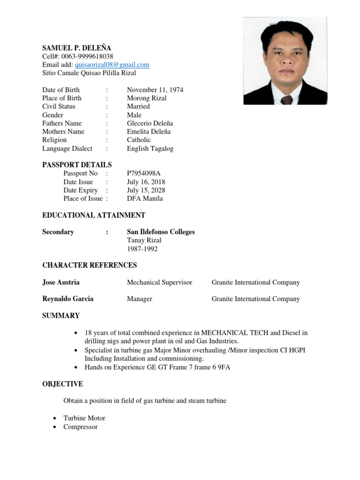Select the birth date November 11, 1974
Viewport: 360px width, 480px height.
click(155, 90)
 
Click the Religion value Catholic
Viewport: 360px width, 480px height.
click(139, 140)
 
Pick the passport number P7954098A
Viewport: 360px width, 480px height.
click(147, 173)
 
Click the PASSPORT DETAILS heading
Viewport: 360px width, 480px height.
click(77, 165)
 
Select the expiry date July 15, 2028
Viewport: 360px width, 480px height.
click(146, 190)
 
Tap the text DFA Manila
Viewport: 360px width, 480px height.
click(145, 198)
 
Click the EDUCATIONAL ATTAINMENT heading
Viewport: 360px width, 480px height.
click(94, 215)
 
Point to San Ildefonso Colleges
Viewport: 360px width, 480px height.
click(161, 232)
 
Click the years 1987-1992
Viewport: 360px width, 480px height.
click(142, 249)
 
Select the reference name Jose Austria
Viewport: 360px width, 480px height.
click(61, 282)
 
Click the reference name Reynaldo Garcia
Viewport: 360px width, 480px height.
click(67, 299)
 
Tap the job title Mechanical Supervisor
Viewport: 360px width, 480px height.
click(159, 282)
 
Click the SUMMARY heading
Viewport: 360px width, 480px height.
click(61, 315)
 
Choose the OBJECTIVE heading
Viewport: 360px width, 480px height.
click(62, 384)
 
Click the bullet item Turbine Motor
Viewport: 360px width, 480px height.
click(84, 418)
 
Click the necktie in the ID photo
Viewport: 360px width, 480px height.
click(286, 99)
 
